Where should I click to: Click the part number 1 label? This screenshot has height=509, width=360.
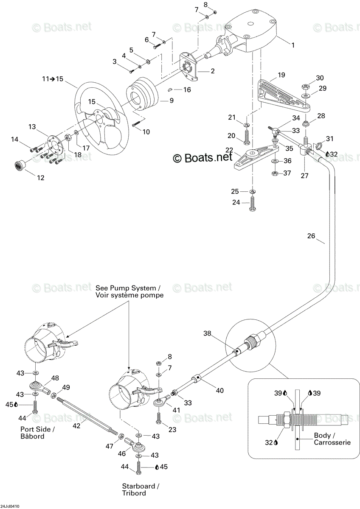tap(293, 45)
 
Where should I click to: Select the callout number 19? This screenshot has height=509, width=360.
tap(281, 75)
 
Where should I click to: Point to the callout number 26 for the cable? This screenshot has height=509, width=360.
tap(311, 236)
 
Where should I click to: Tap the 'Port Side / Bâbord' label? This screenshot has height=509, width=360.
tap(37, 433)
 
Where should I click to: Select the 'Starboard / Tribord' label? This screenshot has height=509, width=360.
tap(141, 489)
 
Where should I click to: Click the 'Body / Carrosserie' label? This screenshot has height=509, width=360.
tap(332, 439)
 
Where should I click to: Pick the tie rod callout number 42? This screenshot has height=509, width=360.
tap(76, 425)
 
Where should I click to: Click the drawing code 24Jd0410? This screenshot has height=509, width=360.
tap(9, 506)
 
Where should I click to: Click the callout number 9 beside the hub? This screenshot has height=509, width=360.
tap(172, 101)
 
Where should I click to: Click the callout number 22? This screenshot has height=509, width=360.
tap(229, 150)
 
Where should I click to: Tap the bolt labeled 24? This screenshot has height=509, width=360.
tap(253, 204)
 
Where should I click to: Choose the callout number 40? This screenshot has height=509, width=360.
tap(219, 390)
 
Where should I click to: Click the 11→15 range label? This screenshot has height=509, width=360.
tap(53, 79)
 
